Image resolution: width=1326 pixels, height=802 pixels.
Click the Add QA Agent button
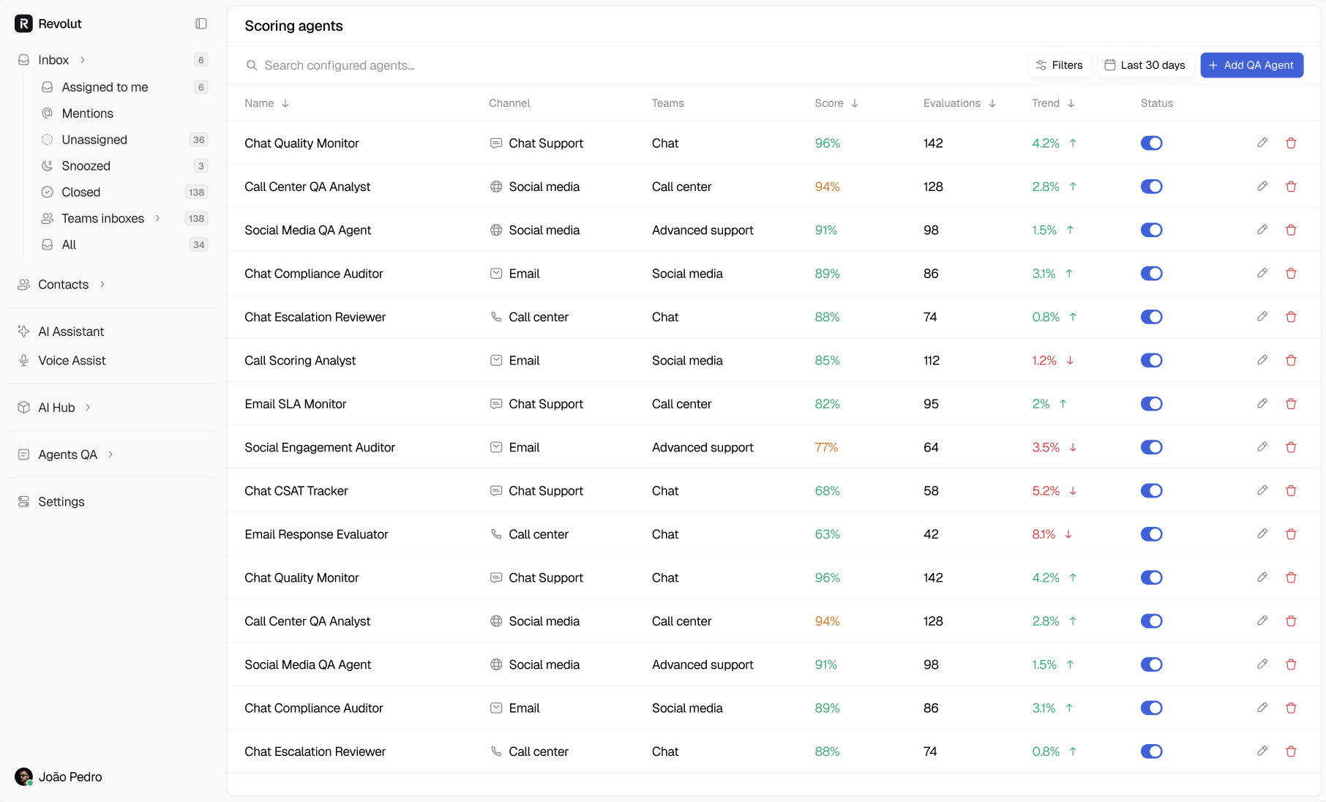1251,65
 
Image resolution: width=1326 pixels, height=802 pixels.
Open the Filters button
1060,65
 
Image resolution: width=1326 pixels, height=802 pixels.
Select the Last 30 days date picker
1145,65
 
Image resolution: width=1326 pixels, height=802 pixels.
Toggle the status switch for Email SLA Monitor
1151,404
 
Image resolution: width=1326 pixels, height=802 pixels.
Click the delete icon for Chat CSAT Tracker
1291,490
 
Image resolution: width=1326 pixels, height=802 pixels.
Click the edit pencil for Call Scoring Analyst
1262,360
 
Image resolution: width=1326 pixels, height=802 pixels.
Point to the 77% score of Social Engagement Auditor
826,447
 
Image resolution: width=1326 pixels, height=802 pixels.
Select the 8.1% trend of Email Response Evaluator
1044,534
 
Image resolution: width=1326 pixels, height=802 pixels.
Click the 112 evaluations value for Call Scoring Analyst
931,361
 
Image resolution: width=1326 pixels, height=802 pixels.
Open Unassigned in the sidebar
94,140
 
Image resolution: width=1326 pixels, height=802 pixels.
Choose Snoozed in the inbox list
86,166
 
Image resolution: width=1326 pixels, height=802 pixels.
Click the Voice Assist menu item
72,361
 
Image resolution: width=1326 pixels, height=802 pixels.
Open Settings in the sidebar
61,502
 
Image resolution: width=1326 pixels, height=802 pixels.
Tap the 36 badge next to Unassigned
198,140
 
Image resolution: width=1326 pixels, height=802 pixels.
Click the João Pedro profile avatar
23,776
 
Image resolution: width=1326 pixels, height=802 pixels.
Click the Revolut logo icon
23,23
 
